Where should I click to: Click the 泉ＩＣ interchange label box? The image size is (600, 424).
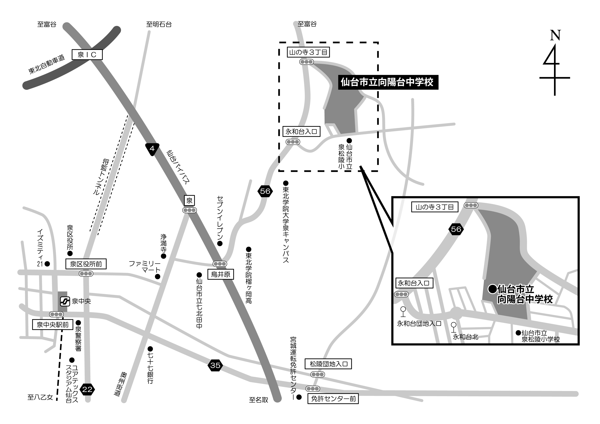(x=87, y=55)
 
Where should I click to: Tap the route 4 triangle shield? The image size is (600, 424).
(x=152, y=149)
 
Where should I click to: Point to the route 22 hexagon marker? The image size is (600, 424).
(x=87, y=389)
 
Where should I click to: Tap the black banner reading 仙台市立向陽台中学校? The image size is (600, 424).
(x=388, y=82)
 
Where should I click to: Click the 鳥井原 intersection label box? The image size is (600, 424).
(x=221, y=274)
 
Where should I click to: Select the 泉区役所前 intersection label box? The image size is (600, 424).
(x=86, y=264)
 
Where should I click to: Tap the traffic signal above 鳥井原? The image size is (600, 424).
(x=220, y=264)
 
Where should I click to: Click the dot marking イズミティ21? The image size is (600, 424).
(x=47, y=264)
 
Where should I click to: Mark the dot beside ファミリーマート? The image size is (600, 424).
(x=157, y=277)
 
